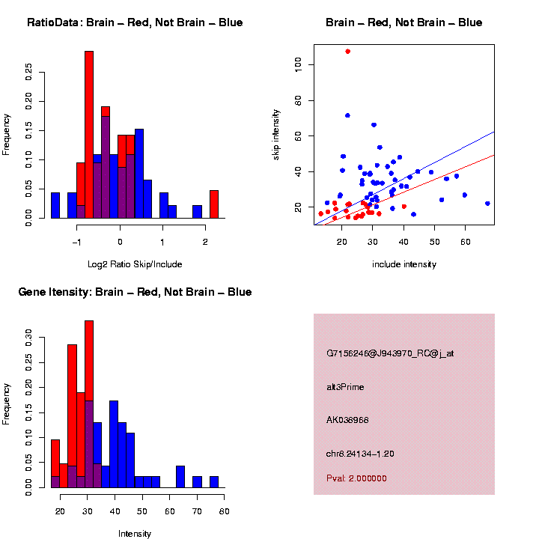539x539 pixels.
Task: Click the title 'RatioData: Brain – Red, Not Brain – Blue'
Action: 135,22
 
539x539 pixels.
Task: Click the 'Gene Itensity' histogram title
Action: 135,292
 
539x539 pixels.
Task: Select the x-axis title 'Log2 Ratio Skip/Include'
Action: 135,264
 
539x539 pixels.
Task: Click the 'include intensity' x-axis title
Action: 404,264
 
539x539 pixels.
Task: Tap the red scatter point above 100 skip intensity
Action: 347,52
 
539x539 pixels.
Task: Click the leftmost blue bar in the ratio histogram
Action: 55,205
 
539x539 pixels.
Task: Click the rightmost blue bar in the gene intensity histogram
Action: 213,481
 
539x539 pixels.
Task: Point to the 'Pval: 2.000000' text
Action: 356,478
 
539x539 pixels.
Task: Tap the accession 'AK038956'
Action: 348,420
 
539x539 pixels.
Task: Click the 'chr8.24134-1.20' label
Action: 360,454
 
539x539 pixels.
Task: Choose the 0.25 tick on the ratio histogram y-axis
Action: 29,70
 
